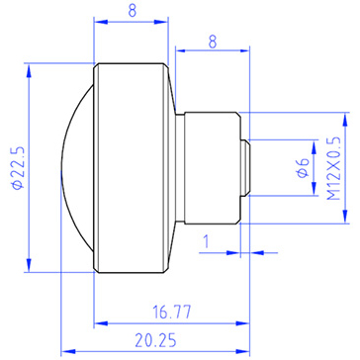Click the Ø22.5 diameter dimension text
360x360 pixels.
(18, 167)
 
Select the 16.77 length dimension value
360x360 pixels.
(172, 312)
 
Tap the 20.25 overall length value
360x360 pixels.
(155, 340)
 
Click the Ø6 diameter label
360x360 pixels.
(304, 168)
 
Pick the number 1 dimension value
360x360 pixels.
(206, 242)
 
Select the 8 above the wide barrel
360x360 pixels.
(132, 11)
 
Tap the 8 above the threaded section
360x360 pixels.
(213, 42)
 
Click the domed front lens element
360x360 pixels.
(78, 167)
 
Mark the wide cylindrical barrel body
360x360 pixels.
(132, 168)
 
